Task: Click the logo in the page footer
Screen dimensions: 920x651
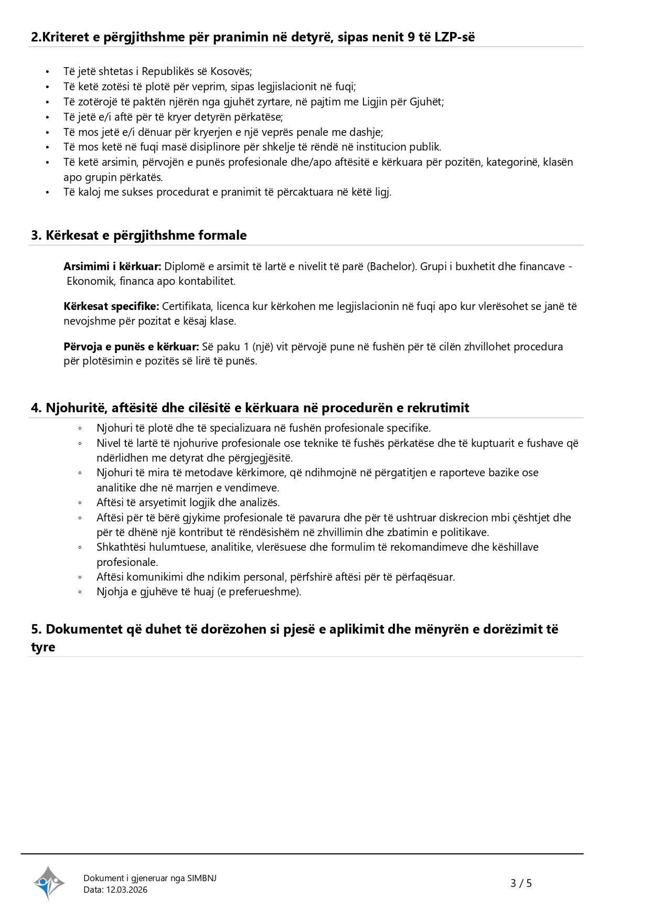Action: (49, 883)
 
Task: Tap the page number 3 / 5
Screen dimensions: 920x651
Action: (521, 883)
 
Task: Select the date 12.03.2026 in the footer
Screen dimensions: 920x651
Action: (127, 890)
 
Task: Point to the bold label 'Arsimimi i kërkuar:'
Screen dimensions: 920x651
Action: (112, 266)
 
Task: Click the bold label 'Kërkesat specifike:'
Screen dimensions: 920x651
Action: (111, 306)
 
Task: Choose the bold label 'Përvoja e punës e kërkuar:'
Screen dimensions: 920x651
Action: (131, 346)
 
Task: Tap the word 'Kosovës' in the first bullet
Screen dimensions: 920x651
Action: (230, 71)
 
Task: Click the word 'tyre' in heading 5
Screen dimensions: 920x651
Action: (43, 647)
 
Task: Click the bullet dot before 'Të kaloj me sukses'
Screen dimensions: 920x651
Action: (47, 192)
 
